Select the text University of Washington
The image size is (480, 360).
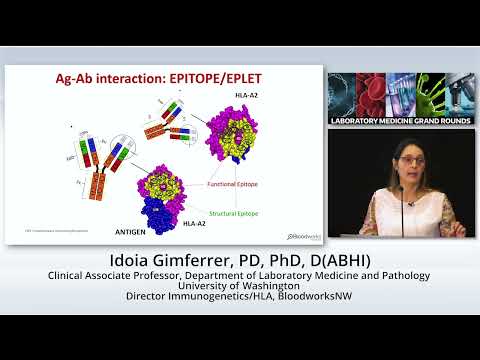tap(240, 284)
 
